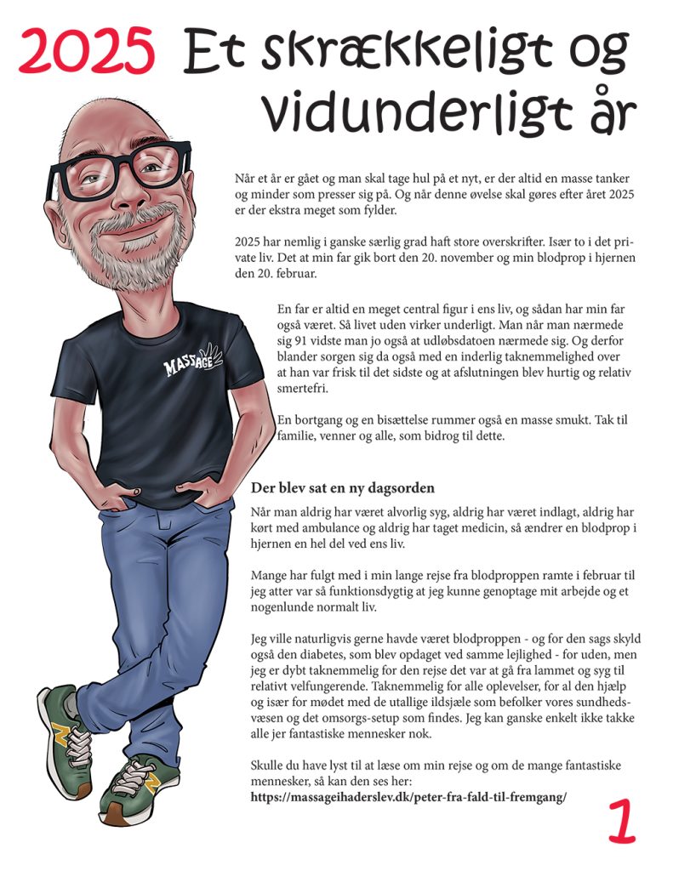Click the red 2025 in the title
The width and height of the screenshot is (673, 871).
(87, 50)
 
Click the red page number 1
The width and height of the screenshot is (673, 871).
(623, 819)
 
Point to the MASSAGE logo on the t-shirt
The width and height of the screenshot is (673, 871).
(192, 361)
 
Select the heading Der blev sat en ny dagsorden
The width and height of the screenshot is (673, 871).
(343, 488)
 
